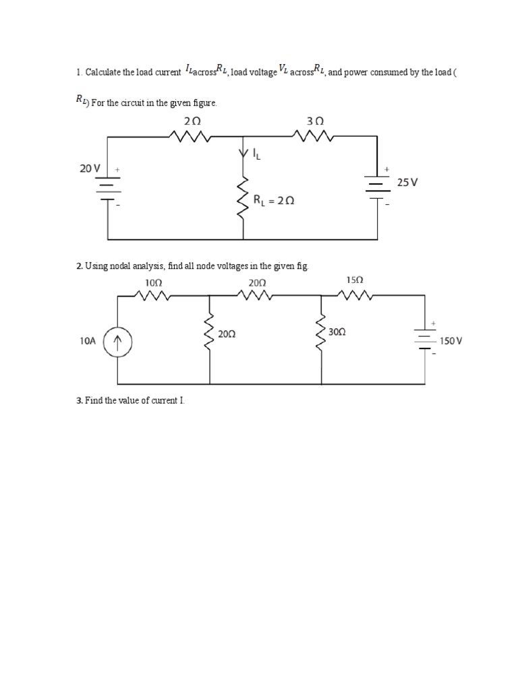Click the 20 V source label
coord(90,168)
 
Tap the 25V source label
coord(408,182)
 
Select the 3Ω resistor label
coord(315,121)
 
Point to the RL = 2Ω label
coord(274,200)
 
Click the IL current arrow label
coord(256,154)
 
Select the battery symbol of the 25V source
coord(377,185)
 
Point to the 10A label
coord(88,342)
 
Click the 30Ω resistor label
coord(337,332)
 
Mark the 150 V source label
coord(451,342)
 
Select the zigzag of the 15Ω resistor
coord(353,294)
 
